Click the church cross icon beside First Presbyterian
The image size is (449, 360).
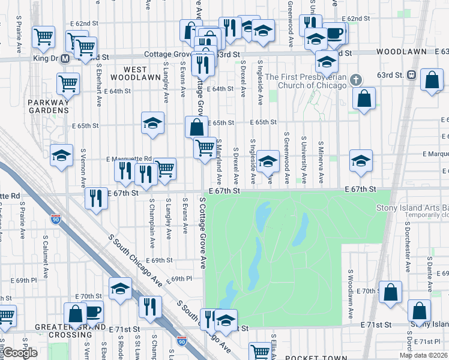(356, 80)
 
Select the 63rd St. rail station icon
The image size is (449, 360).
(411, 75)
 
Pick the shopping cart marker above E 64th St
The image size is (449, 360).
(68, 83)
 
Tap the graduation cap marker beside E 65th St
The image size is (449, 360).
(153, 122)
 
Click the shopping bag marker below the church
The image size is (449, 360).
(364, 98)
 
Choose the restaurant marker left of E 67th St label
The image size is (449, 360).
(96, 198)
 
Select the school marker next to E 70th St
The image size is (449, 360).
(120, 289)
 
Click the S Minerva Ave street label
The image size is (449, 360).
(322, 163)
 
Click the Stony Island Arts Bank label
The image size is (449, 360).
(412, 208)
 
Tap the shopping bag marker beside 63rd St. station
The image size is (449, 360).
(432, 80)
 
